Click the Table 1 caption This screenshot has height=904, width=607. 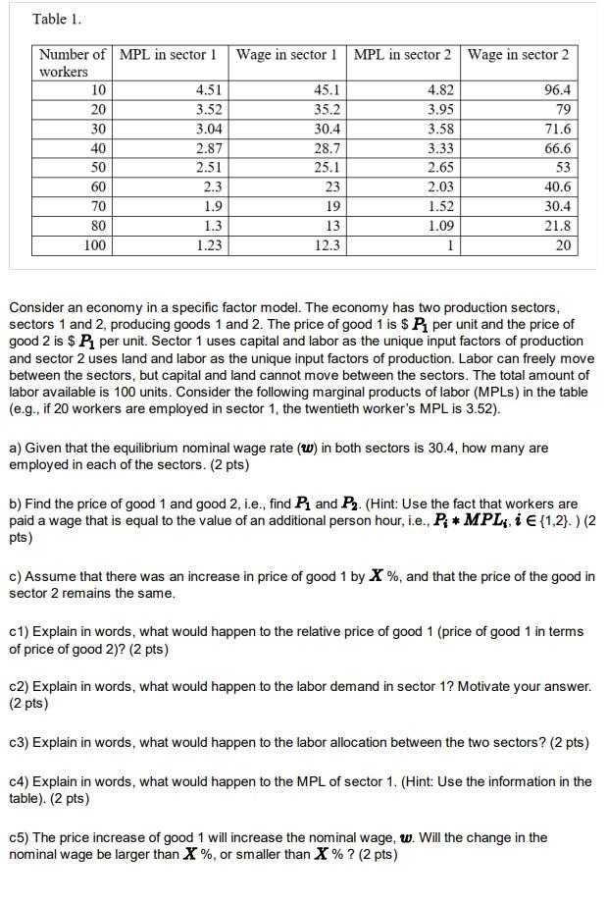(x=57, y=19)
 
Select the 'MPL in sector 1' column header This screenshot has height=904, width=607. (x=168, y=54)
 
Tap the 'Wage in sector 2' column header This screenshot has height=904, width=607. (x=517, y=54)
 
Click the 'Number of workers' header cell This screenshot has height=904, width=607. (x=73, y=63)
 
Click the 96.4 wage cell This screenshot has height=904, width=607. (x=557, y=90)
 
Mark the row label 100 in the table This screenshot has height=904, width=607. (x=94, y=245)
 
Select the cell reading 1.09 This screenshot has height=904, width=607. (x=440, y=226)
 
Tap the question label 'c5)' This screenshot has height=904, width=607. (x=22, y=837)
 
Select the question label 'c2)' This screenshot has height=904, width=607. (x=22, y=686)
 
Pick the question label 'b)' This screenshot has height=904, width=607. (x=16, y=504)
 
